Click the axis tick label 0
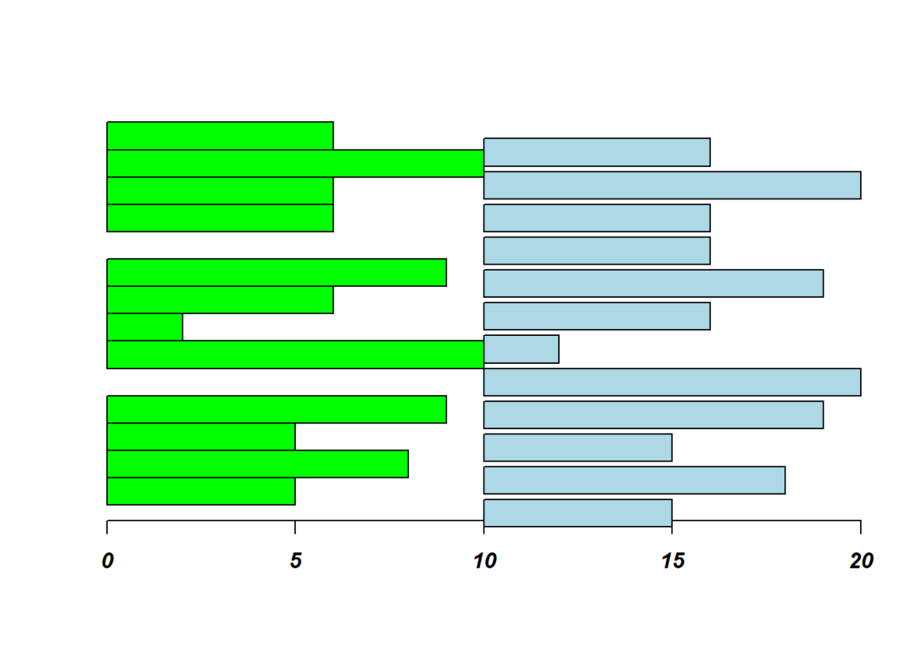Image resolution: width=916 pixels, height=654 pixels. (x=107, y=562)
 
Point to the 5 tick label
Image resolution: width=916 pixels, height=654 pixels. (x=295, y=562)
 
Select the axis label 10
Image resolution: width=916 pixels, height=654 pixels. (x=483, y=562)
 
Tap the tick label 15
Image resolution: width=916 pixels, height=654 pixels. (x=673, y=562)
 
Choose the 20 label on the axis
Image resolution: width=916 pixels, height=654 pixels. (x=861, y=562)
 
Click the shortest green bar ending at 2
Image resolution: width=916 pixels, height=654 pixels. (x=144, y=327)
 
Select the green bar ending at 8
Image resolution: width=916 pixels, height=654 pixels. (x=257, y=464)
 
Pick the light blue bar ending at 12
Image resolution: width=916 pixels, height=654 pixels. (x=521, y=349)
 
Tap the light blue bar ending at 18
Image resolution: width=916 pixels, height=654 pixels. (x=634, y=480)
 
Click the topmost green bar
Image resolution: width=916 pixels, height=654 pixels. (x=220, y=136)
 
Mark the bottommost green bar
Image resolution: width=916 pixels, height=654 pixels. (x=201, y=491)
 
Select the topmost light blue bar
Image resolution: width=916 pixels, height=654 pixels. (x=596, y=152)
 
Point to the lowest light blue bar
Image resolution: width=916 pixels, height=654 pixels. (x=578, y=512)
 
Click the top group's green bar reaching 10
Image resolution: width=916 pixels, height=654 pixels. (x=295, y=164)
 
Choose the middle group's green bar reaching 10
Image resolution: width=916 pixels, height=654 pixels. (x=295, y=355)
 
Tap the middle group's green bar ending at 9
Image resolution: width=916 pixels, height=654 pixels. (x=276, y=272)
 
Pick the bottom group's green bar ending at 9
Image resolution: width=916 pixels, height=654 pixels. (x=276, y=409)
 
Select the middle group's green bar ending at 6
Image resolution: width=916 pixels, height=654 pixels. (x=220, y=299)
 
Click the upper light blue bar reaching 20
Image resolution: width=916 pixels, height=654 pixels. (x=672, y=185)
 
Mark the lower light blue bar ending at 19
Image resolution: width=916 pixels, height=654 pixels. (x=653, y=415)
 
